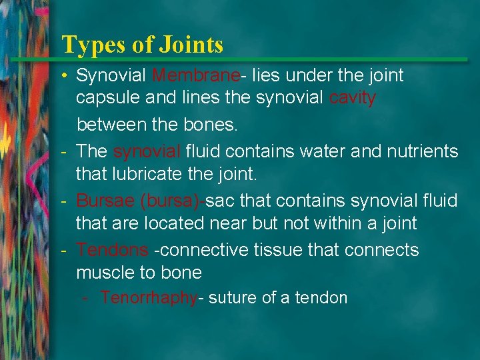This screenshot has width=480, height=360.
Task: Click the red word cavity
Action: [353, 98]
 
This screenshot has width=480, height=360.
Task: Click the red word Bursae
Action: [106, 201]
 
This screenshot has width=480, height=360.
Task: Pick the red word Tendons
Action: [112, 250]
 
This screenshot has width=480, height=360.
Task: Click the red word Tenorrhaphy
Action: [149, 298]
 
